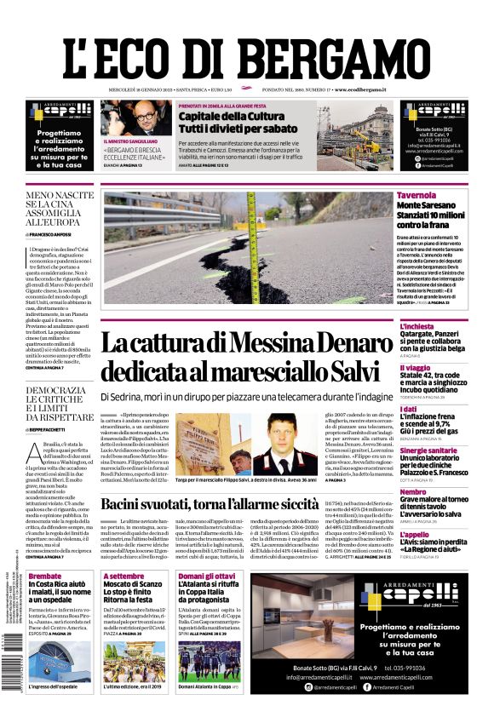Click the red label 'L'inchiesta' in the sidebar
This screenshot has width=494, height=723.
click(416, 326)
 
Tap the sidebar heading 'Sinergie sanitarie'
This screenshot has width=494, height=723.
click(428, 450)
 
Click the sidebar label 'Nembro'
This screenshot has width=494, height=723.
click(412, 491)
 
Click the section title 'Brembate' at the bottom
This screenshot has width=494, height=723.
click(45, 577)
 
